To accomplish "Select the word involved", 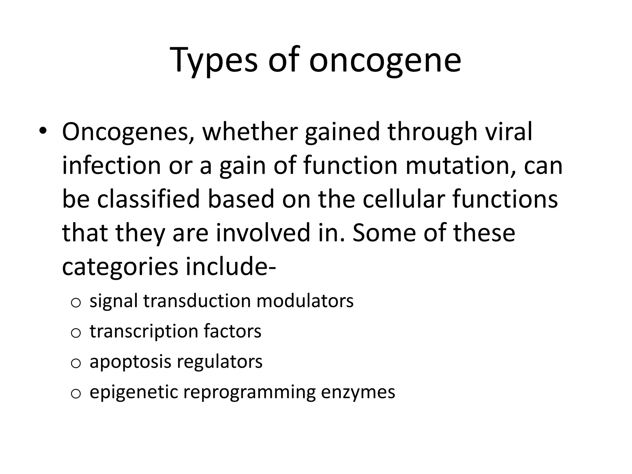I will tap(263, 233).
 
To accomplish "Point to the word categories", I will tap(120, 267).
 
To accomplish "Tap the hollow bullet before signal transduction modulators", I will tap(76, 303).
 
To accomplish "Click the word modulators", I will tap(305, 301).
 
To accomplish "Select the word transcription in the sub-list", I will tap(144, 331).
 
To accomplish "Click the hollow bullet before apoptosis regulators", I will tap(76, 364).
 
